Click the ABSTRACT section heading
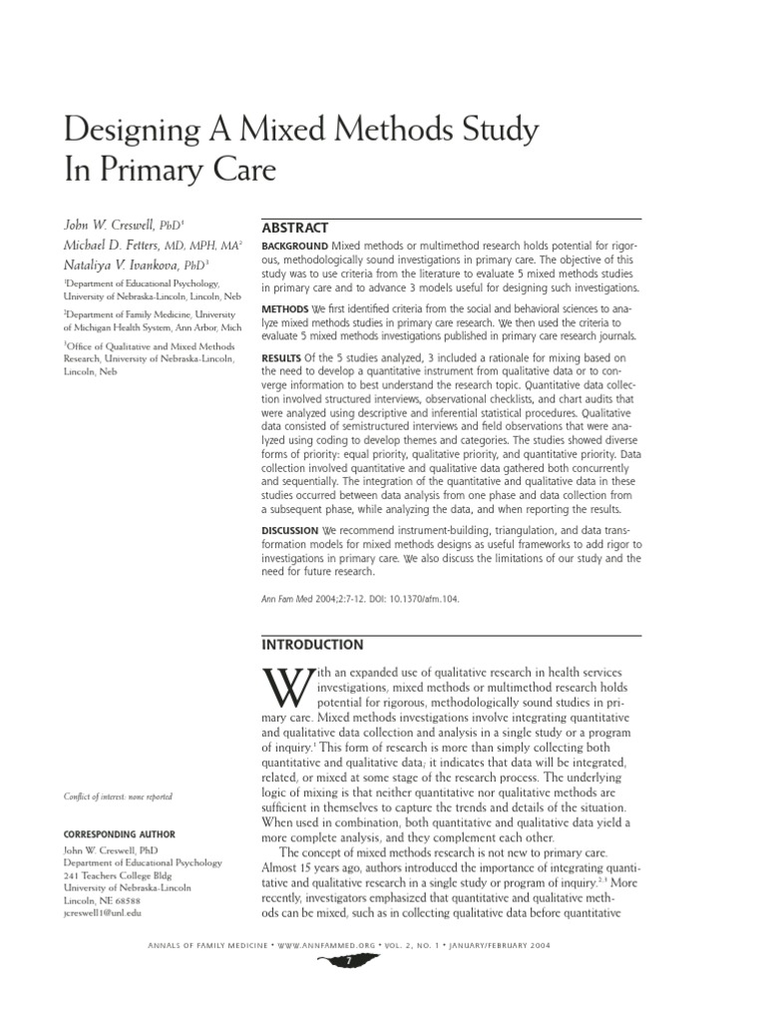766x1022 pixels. click(x=294, y=229)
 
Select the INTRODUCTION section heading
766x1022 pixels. click(x=312, y=645)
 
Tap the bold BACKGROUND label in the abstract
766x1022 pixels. click(x=294, y=246)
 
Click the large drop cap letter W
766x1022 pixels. click(x=286, y=689)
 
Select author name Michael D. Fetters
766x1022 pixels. click(x=113, y=246)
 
